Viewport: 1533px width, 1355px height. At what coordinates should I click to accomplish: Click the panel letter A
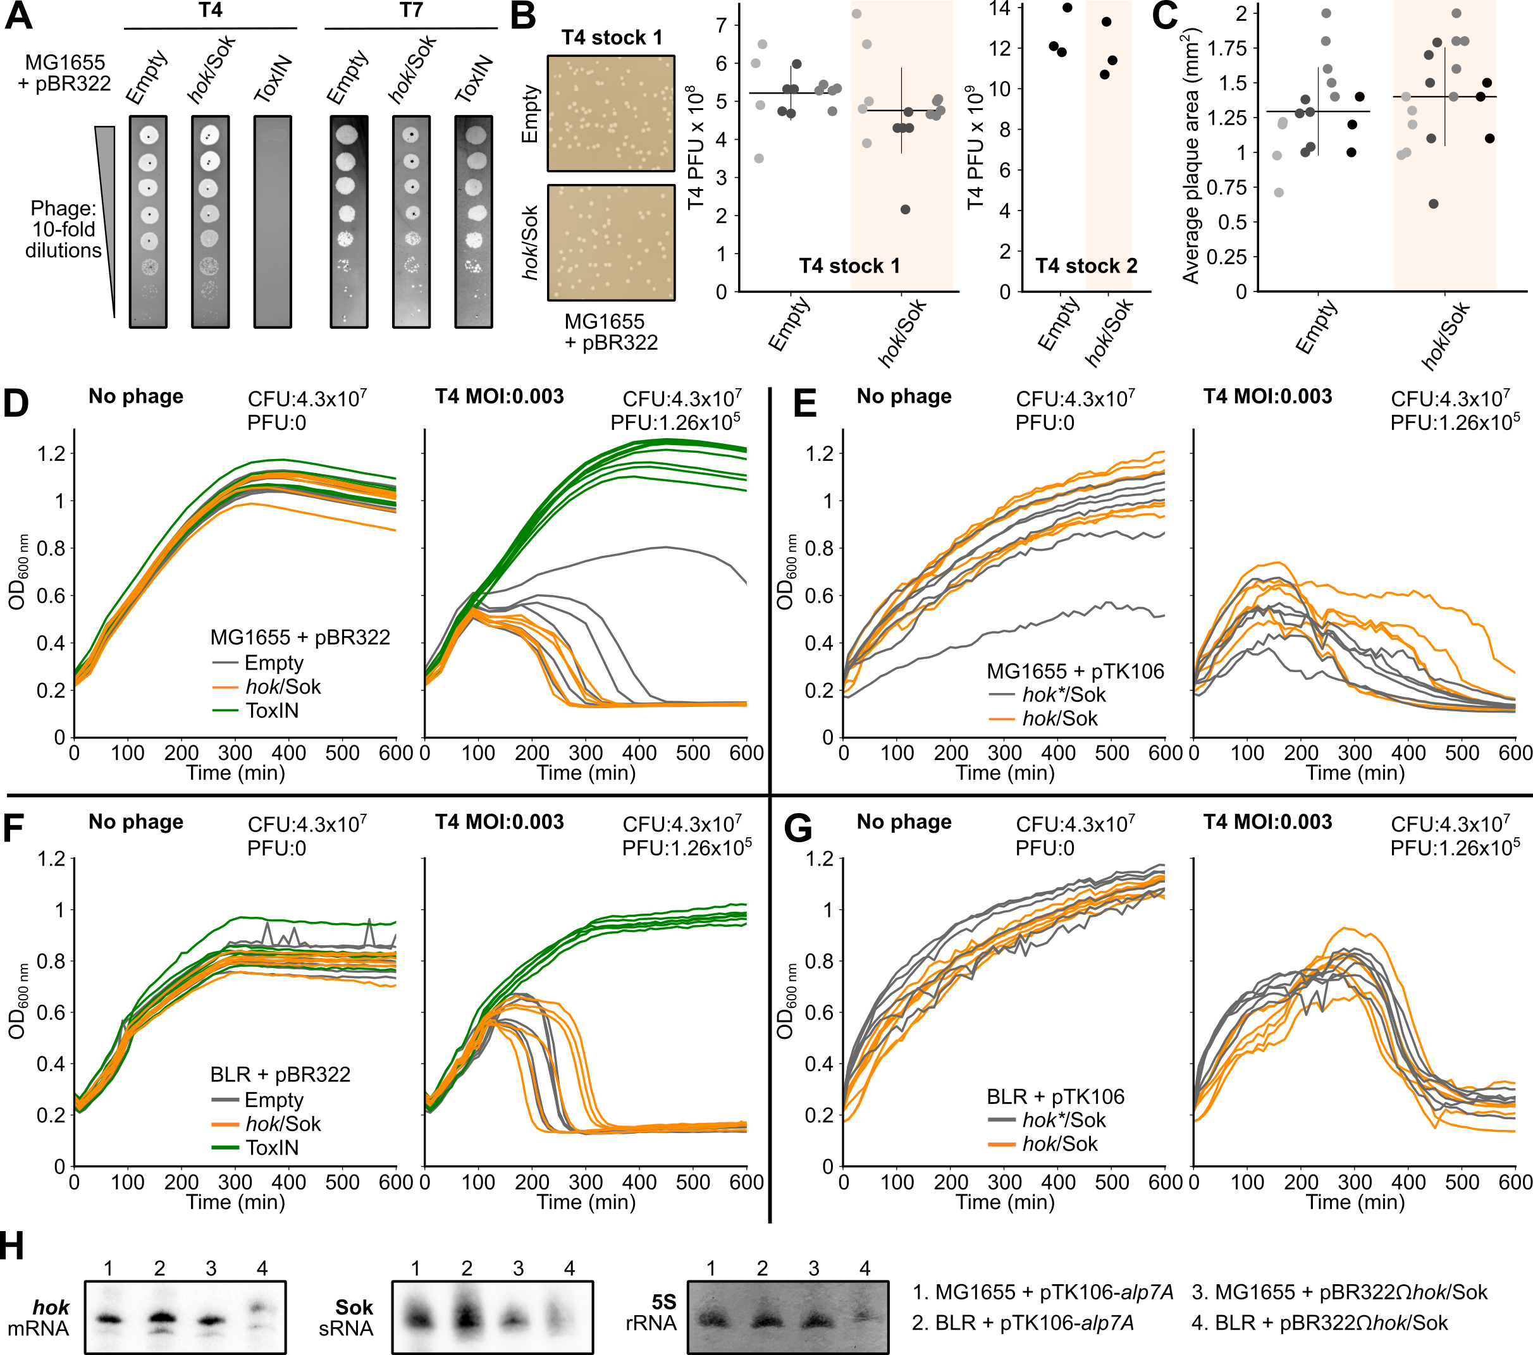(19, 16)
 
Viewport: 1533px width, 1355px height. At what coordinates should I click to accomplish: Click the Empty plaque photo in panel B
(610, 113)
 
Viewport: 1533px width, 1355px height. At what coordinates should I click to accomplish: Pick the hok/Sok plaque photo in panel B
(610, 242)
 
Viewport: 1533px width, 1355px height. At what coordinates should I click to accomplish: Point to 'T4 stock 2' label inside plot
(1085, 266)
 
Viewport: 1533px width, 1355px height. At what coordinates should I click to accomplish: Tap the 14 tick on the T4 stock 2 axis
(999, 9)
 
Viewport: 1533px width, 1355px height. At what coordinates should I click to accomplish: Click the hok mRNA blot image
(185, 1318)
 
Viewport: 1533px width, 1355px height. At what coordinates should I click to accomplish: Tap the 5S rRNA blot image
(787, 1318)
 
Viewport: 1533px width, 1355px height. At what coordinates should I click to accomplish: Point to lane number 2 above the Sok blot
(467, 1268)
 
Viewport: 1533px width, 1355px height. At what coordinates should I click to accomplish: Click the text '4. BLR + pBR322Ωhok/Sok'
(1319, 1323)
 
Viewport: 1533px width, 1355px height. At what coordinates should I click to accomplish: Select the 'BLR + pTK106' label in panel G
(1056, 1097)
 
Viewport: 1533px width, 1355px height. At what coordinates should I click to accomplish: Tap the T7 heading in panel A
(411, 11)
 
